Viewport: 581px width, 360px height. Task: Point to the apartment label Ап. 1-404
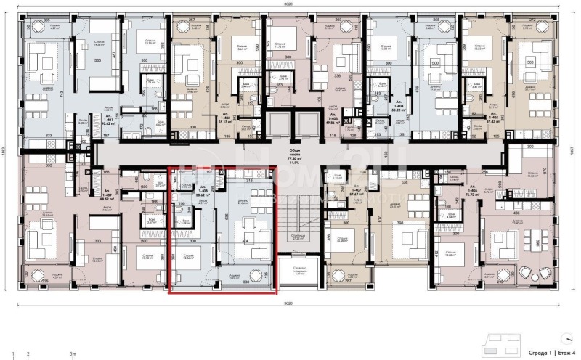click(399, 106)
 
